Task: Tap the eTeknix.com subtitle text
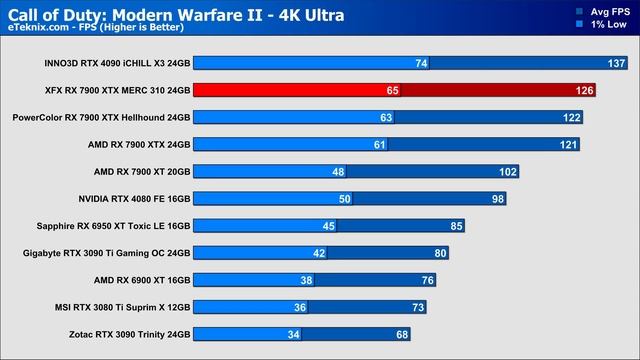pos(94,31)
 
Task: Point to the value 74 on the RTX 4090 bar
pos(421,63)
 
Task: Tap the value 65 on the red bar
pos(392,90)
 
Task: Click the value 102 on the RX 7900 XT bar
pos(508,171)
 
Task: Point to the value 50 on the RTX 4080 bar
pos(345,198)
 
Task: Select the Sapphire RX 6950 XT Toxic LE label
pos(112,225)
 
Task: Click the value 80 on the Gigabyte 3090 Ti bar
pos(441,252)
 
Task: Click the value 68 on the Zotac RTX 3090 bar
pos(403,333)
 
